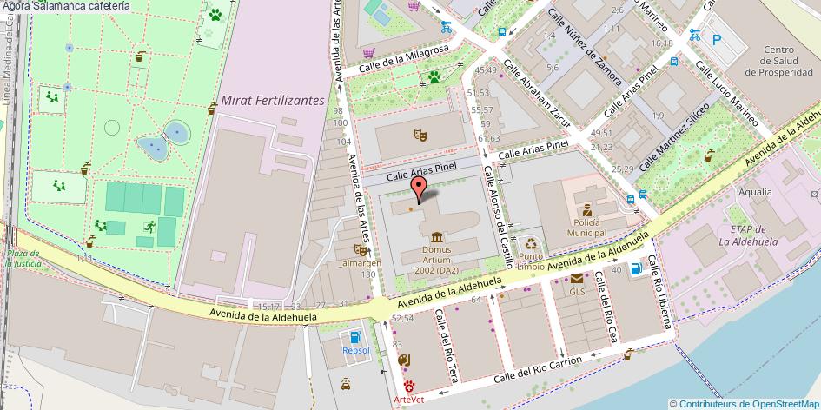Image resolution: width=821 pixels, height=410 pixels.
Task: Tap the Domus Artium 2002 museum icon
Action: coord(435,237)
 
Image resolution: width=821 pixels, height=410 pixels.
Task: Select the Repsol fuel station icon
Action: coord(354,337)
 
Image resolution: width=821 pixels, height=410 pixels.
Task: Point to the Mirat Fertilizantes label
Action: coord(272,101)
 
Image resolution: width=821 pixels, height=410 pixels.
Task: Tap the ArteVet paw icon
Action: coord(408,386)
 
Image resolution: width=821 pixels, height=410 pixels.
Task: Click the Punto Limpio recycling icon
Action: coord(532,245)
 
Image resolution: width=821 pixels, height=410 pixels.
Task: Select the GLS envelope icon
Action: coord(577,279)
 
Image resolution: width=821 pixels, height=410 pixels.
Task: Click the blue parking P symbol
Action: coord(717,38)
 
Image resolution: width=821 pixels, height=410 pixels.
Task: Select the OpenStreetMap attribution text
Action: coord(745,403)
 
